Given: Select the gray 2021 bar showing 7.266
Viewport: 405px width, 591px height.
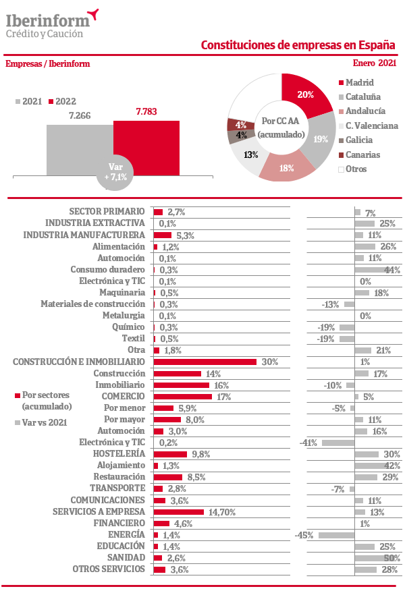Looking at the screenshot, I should [x=80, y=148].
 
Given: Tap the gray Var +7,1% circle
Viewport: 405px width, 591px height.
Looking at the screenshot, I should [x=120, y=173].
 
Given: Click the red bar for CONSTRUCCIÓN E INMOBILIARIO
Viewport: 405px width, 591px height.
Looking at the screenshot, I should [x=205, y=362].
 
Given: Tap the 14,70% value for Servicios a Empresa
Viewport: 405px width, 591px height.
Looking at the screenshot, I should [x=222, y=512].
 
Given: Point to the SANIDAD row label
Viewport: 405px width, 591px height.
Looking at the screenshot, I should [x=126, y=558].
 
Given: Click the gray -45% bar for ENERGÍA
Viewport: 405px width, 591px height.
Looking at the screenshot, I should [x=336, y=535].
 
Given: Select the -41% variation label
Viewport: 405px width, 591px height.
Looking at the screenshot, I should [x=308, y=443].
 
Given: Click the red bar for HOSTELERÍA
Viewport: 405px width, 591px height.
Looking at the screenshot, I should [x=170, y=454].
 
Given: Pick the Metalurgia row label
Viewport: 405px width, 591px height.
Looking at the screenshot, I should [x=124, y=315].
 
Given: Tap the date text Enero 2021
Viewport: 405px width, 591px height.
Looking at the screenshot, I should [x=375, y=63].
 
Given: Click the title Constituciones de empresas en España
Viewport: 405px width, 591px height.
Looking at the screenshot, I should [x=298, y=45].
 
